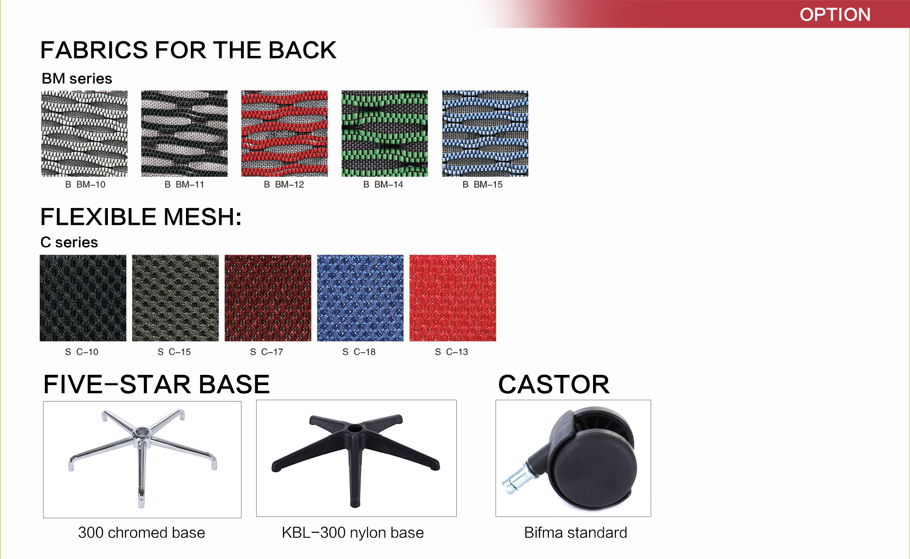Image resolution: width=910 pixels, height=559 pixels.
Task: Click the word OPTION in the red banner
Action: pos(835,15)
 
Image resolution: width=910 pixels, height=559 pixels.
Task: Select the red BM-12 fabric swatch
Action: pos(285,134)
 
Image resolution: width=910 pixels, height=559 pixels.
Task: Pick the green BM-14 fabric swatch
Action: pos(385,134)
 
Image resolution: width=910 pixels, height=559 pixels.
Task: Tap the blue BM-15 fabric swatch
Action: pos(485,134)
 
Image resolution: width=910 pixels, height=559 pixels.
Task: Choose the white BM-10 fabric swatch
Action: pos(84,134)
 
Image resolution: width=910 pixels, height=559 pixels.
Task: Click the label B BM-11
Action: pos(184,185)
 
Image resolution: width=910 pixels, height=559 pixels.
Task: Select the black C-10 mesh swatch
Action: pos(83,298)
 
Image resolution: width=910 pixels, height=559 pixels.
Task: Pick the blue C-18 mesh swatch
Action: pos(360,298)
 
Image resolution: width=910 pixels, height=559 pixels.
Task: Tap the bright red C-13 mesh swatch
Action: pos(453,298)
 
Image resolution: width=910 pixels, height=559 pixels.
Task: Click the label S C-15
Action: pos(174,352)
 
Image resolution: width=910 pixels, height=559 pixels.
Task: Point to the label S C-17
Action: pos(266,352)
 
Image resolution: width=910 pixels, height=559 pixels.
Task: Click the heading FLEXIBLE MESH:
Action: pos(141,217)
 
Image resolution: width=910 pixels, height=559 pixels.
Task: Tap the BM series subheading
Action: pos(77,79)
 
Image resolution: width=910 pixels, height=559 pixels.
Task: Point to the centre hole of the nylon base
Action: pos(355,429)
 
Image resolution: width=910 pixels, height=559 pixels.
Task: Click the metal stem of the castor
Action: pos(514,479)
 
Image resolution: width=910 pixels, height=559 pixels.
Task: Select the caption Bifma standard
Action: pos(575,532)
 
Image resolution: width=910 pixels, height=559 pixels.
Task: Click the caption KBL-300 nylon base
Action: pos(353,532)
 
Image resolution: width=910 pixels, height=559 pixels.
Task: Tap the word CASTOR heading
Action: pos(554,384)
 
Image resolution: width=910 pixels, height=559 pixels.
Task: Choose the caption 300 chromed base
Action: pos(142,532)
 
